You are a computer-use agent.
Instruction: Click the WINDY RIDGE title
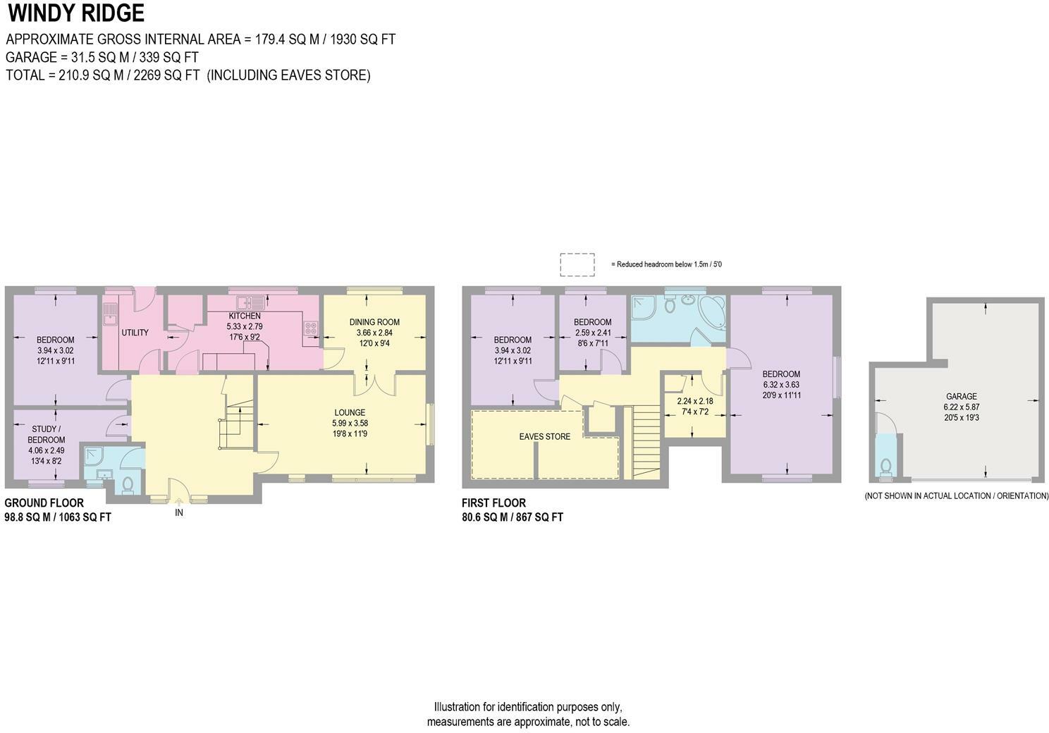(76, 13)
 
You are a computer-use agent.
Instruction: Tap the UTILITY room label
(135, 333)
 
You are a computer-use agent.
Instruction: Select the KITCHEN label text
(244, 316)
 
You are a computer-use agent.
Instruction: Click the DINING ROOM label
(374, 322)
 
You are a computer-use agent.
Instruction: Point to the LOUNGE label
(350, 412)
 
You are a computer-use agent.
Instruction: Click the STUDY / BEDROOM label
(47, 434)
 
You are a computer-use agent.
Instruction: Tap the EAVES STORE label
(544, 436)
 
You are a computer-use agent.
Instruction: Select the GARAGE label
(961, 396)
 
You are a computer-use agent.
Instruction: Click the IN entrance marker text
(179, 513)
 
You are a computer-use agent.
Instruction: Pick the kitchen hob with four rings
(310, 328)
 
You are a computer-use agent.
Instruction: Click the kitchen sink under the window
(250, 303)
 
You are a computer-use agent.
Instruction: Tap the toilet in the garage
(885, 466)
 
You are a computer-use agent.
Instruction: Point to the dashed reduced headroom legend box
(577, 264)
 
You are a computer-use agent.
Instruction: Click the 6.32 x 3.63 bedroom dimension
(781, 385)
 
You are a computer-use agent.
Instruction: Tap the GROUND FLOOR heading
(44, 503)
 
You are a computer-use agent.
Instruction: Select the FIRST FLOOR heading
(493, 503)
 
